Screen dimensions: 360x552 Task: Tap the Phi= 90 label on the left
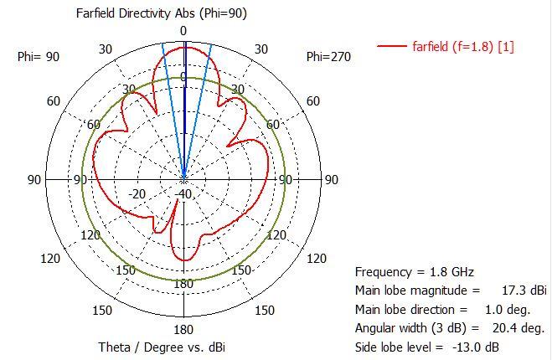(38, 57)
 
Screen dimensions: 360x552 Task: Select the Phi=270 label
(328, 57)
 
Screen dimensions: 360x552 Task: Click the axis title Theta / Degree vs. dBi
(162, 347)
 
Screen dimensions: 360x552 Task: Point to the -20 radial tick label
(137, 194)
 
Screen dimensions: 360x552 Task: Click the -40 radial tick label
(183, 194)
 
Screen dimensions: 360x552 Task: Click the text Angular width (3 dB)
(408, 328)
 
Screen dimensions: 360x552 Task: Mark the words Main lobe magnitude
(410, 291)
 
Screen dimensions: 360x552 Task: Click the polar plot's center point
(183, 179)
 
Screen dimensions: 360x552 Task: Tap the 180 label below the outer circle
(183, 329)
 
